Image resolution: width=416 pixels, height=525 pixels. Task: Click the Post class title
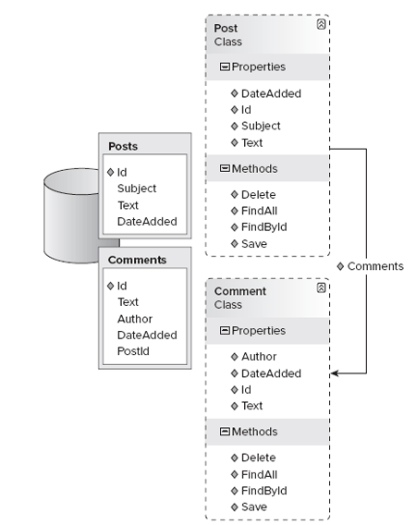point(226,29)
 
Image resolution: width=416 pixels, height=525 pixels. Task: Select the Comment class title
point(240,291)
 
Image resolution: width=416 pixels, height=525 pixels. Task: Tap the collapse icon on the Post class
point(321,24)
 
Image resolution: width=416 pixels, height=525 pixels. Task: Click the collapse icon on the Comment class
point(321,287)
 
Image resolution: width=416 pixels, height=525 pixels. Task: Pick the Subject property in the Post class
point(261,127)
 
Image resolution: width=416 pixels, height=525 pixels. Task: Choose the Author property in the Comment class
point(259,357)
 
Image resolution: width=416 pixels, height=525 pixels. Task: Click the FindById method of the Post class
point(264,227)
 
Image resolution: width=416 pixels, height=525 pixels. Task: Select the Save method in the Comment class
point(254,507)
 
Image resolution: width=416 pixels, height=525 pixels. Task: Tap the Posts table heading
point(123,146)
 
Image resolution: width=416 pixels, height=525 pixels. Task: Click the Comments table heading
point(137,260)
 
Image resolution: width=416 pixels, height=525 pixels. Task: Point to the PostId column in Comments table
point(133,351)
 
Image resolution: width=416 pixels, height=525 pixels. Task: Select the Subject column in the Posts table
point(137,189)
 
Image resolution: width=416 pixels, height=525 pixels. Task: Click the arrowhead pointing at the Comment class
point(335,373)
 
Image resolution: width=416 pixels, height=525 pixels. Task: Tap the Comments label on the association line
point(375,266)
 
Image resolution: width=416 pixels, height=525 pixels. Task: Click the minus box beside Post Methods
point(225,168)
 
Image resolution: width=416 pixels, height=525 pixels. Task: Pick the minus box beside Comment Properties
point(225,331)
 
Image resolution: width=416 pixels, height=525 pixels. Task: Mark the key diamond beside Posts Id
point(111,172)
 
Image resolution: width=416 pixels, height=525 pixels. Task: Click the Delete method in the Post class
point(258,194)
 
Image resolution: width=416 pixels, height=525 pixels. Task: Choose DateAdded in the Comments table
point(147,336)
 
